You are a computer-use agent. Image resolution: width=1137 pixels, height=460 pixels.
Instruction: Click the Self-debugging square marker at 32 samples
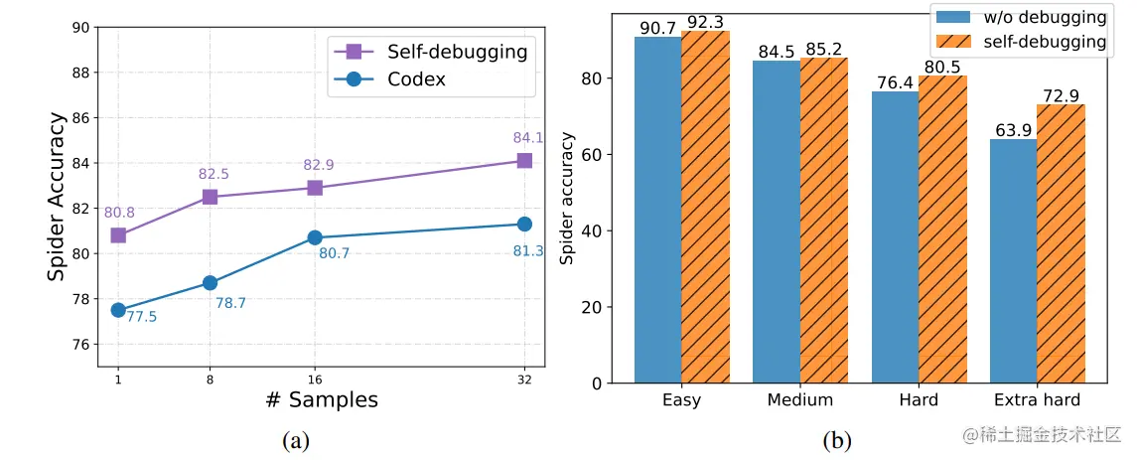pos(523,160)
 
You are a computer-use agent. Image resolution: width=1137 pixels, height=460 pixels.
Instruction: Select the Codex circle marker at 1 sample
pos(118,310)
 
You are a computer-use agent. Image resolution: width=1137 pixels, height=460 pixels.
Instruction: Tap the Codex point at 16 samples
pos(315,237)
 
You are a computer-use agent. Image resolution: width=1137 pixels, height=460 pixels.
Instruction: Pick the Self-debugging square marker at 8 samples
pos(210,197)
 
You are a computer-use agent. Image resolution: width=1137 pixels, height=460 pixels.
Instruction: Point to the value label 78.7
pos(230,303)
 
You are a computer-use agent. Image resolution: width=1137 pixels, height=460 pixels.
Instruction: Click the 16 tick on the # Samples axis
pos(315,380)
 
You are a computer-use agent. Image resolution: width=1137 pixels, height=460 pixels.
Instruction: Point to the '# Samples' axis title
pos(322,400)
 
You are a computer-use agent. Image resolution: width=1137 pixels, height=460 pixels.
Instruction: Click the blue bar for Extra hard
pos(1013,260)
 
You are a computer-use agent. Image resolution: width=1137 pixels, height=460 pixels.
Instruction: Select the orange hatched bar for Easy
pos(706,207)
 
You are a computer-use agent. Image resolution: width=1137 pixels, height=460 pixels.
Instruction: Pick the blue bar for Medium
pos(776,222)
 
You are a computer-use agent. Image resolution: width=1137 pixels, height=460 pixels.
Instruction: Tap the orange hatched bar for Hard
pos(942,229)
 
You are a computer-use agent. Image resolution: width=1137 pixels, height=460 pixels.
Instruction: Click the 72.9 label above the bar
pos(1060,95)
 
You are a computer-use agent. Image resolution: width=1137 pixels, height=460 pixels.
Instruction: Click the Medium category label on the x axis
pos(799,400)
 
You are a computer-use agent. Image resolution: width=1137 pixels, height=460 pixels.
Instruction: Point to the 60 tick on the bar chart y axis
pos(594,155)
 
